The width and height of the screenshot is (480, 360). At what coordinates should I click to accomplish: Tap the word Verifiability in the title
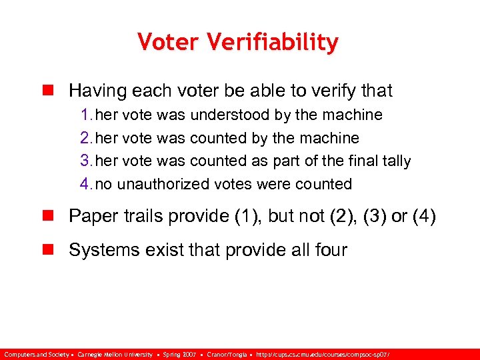[274, 43]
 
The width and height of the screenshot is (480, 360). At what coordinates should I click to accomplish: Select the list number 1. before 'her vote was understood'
[87, 115]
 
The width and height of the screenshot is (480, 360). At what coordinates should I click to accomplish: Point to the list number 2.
[87, 138]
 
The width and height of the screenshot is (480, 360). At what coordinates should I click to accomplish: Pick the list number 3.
[87, 161]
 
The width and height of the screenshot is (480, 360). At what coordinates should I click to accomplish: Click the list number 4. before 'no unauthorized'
[87, 183]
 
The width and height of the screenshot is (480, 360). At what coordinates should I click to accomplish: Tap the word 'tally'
[394, 161]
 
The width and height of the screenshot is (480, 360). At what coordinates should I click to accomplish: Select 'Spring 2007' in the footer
[180, 353]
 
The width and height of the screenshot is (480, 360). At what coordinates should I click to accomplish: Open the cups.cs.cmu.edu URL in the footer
[327, 353]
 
